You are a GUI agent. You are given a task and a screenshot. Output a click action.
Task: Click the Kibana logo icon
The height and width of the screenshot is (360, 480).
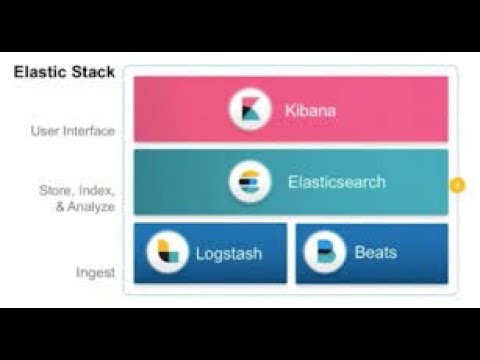249,110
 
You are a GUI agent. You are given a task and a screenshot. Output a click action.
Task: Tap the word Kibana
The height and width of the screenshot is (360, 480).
308,110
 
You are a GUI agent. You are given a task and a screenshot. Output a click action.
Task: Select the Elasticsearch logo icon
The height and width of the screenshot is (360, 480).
249,182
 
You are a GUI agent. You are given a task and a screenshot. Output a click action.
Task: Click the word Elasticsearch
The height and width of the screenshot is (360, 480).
336,182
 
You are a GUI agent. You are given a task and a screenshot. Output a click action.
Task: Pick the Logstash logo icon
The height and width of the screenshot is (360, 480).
167,252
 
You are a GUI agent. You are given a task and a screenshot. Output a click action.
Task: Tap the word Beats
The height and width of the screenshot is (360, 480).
376,252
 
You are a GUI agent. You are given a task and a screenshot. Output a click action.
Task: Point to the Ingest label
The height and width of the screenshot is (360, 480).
97,272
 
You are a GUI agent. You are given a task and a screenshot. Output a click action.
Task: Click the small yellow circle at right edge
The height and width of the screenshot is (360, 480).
458,185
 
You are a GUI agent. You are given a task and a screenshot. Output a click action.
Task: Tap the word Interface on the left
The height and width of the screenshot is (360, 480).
91,131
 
